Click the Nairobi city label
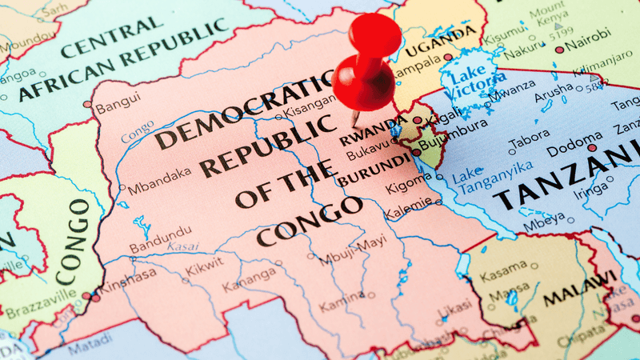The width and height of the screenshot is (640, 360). coord(590,34)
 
